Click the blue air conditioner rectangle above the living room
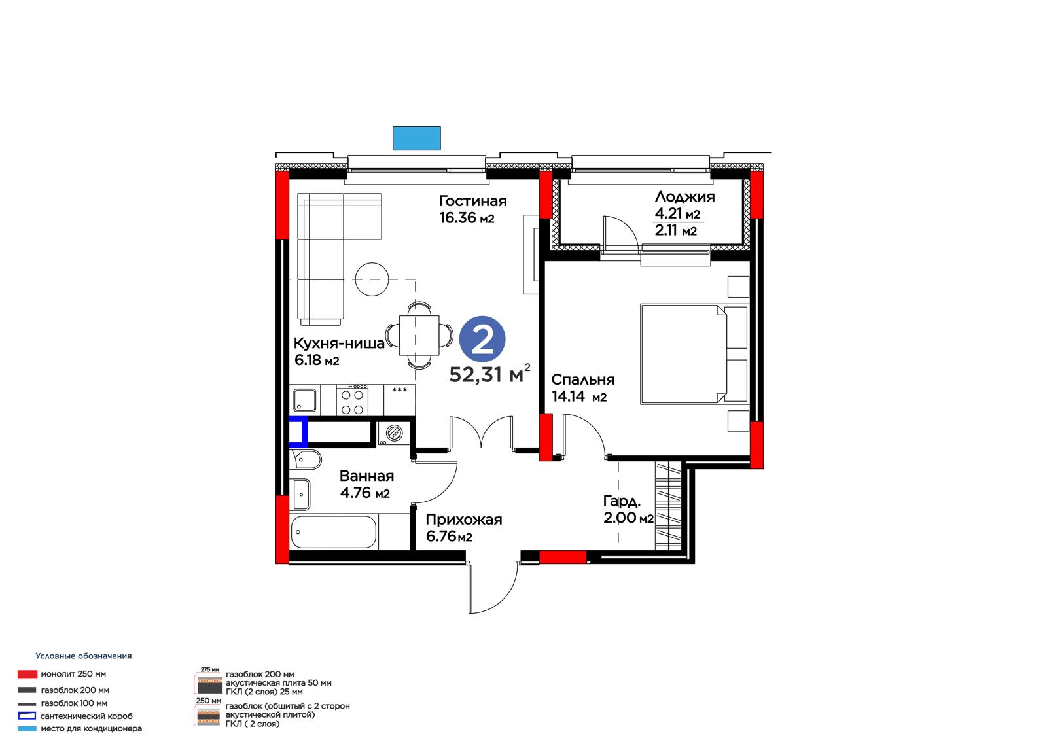416,138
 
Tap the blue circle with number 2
482,339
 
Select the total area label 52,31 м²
490,374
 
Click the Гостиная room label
472,201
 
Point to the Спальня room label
583,379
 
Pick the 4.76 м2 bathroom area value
365,493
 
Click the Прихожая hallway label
464,520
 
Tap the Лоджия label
684,197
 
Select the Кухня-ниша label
339,343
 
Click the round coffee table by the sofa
372,279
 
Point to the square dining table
419,335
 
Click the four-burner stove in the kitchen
352,400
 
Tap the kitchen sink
305,400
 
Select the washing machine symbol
393,432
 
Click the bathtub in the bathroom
333,532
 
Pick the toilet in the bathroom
306,460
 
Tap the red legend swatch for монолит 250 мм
27,674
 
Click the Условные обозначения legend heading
84,656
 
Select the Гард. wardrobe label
622,501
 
